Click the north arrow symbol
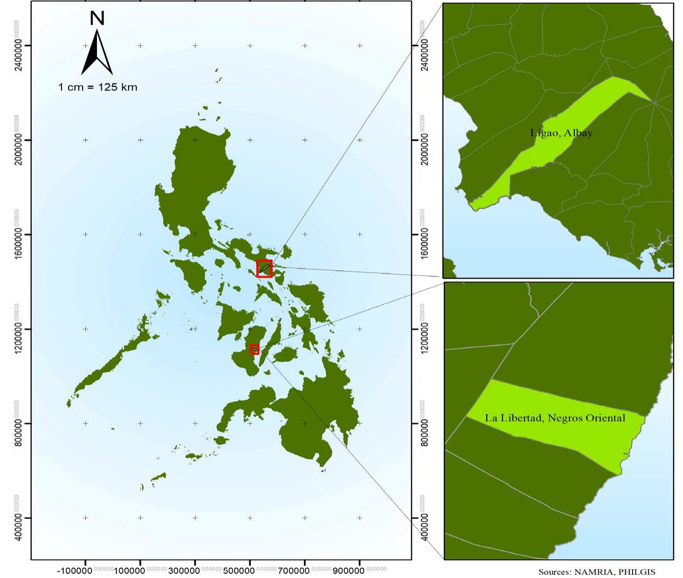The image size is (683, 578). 97,54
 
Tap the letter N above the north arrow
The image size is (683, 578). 97,18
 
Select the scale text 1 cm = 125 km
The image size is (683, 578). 98,87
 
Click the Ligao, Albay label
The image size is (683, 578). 561,133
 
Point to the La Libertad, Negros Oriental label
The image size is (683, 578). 555,418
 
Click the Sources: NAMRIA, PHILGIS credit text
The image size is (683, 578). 597,572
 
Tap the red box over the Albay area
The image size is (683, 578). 264,268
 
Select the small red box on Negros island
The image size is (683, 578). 254,349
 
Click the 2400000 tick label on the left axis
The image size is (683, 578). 18,55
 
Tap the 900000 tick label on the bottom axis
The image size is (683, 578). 349,570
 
